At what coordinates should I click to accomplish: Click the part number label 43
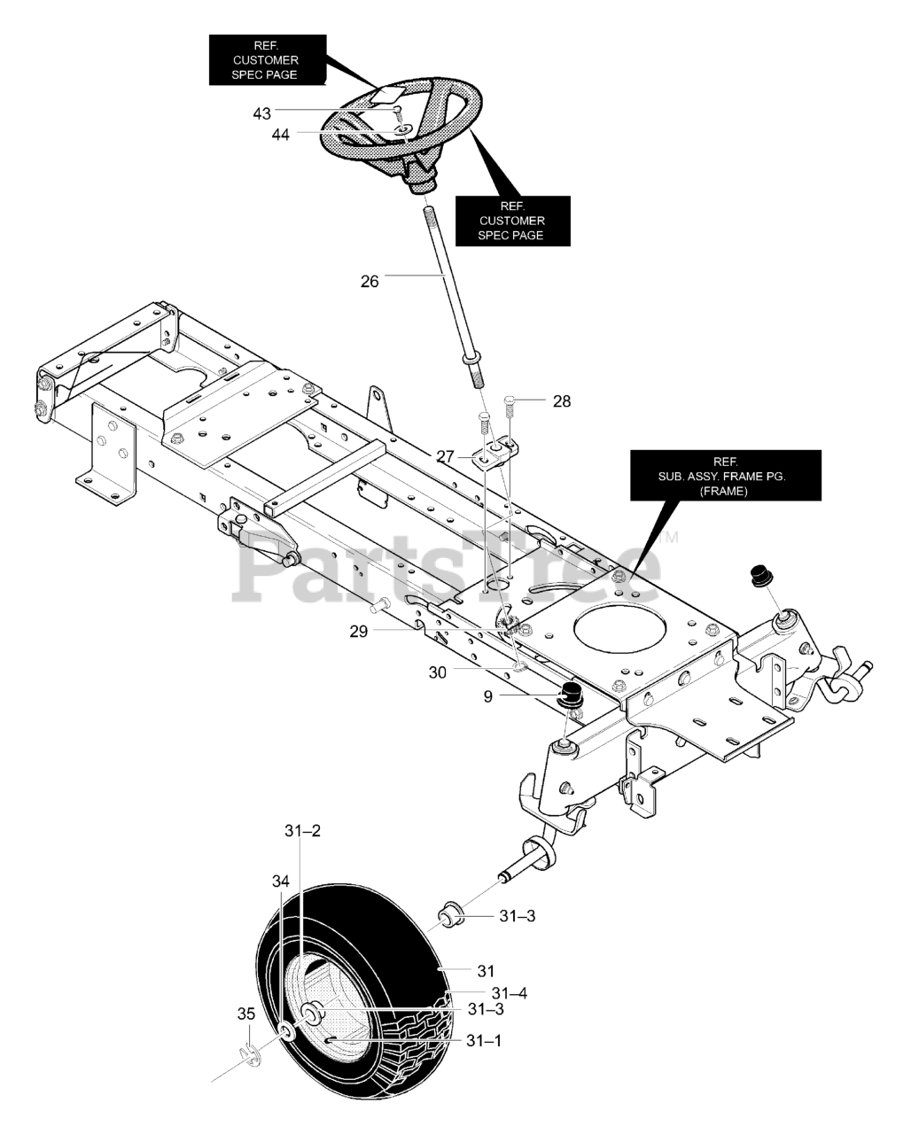tap(261, 113)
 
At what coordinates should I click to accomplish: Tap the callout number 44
tap(280, 135)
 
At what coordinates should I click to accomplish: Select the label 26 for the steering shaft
tap(370, 281)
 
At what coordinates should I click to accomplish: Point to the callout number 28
tap(562, 401)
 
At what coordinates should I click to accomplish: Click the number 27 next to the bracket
tap(446, 456)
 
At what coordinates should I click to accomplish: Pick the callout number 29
tap(358, 630)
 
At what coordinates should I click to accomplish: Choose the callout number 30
tap(438, 672)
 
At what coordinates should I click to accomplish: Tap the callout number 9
tap(488, 696)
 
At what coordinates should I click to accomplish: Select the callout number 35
tap(245, 1014)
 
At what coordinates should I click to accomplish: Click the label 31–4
tap(510, 993)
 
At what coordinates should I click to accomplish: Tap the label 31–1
tap(485, 1041)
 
